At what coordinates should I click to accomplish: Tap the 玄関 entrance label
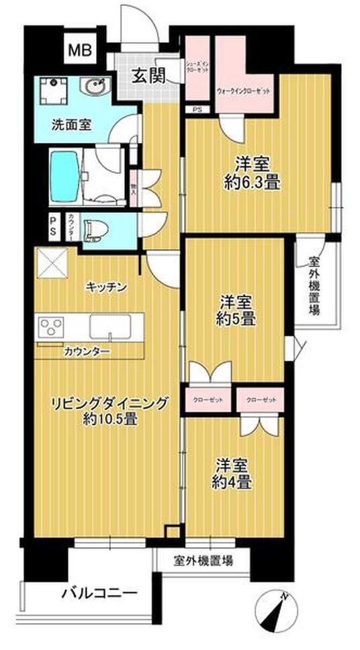tap(149, 76)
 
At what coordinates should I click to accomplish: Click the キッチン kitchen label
tap(106, 287)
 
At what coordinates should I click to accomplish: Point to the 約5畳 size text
tap(234, 320)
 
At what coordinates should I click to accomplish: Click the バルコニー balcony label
tap(101, 593)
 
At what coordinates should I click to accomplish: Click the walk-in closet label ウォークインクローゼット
tap(243, 90)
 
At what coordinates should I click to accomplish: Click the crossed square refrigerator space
tap(51, 263)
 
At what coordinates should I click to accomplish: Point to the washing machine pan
tap(56, 91)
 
